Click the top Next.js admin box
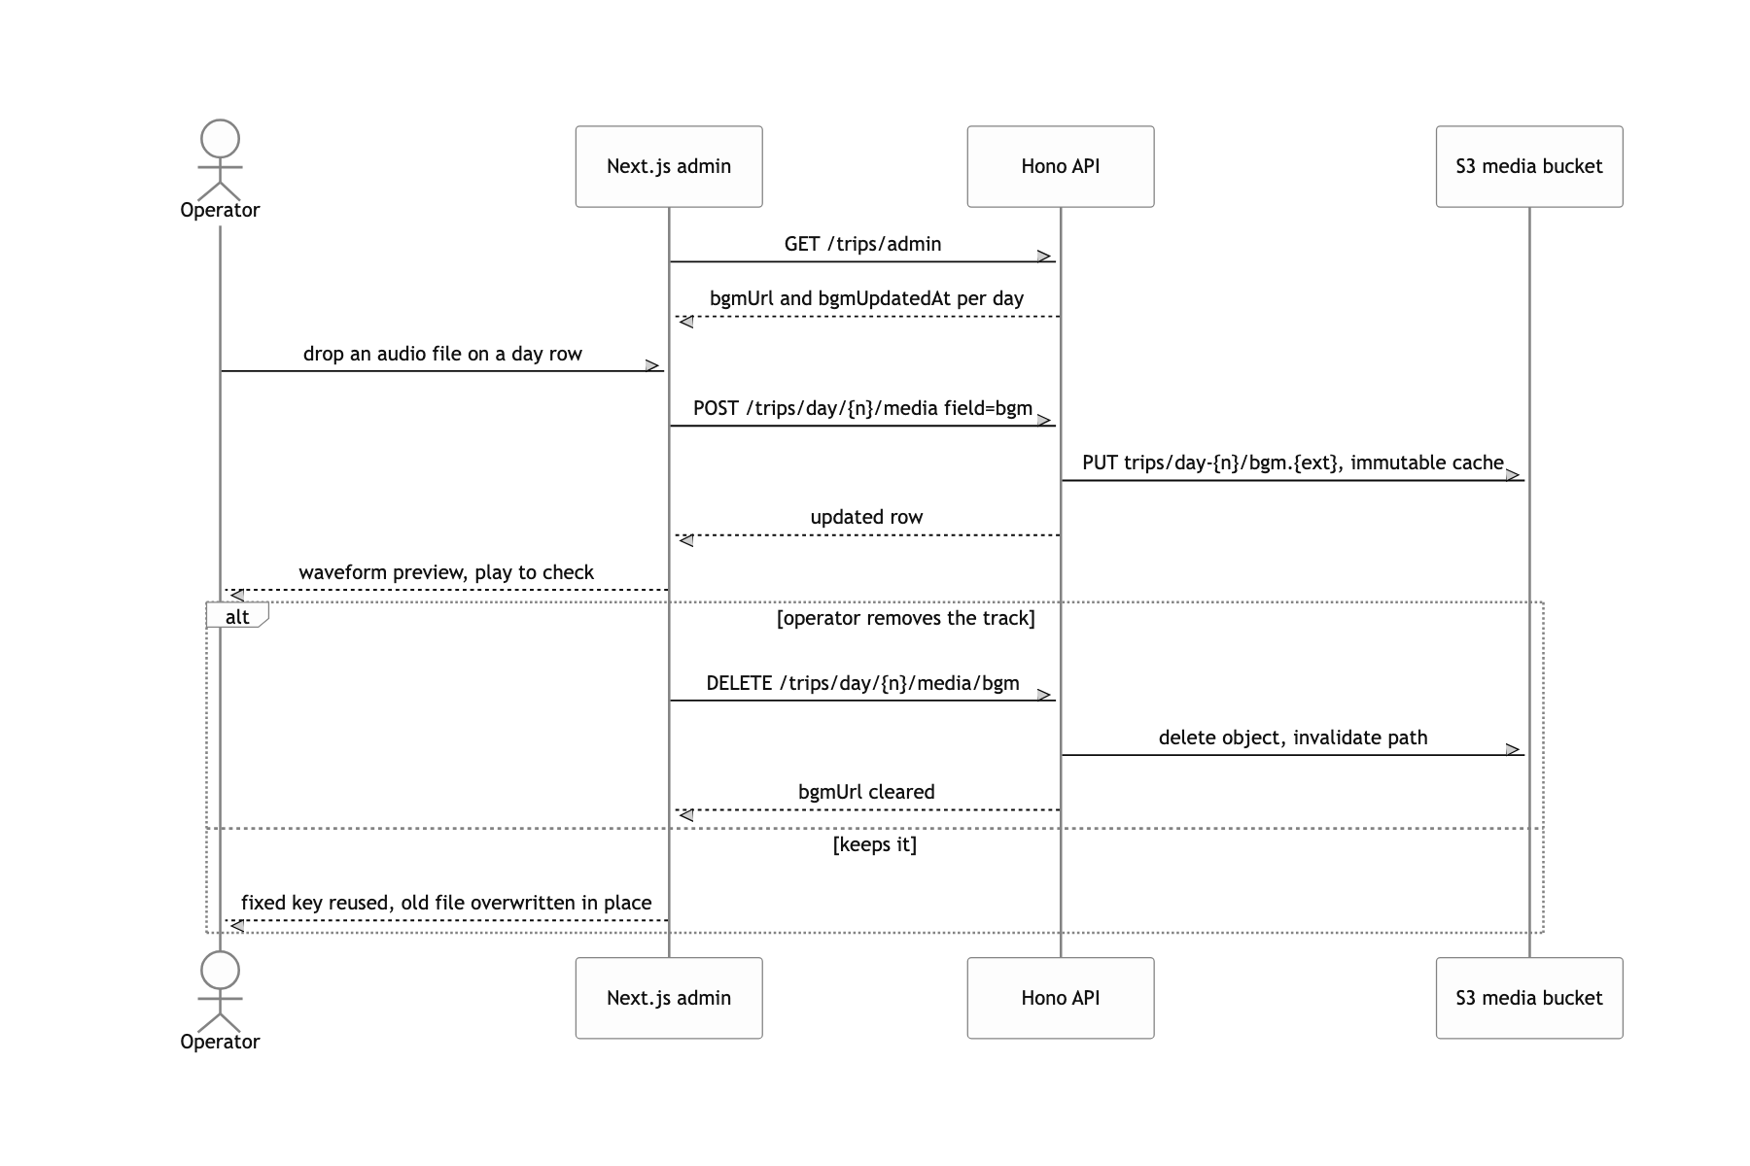tap(669, 166)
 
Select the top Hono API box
tap(1061, 166)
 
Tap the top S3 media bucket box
tap(1529, 166)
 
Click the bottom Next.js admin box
tap(669, 998)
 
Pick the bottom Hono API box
tap(1061, 998)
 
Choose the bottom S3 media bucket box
tap(1529, 998)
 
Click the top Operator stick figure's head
tap(221, 140)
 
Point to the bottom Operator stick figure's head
tap(221, 972)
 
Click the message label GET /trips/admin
tap(863, 244)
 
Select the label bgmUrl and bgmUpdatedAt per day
tap(866, 298)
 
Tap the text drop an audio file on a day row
tap(442, 354)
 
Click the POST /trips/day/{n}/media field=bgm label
tap(863, 408)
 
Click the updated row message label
tap(866, 517)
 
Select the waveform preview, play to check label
tap(446, 572)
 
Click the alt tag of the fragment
tap(237, 616)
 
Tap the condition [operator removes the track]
tap(906, 618)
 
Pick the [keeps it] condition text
tap(875, 844)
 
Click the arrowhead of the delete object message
tap(1514, 750)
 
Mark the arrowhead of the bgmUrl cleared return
tap(685, 815)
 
